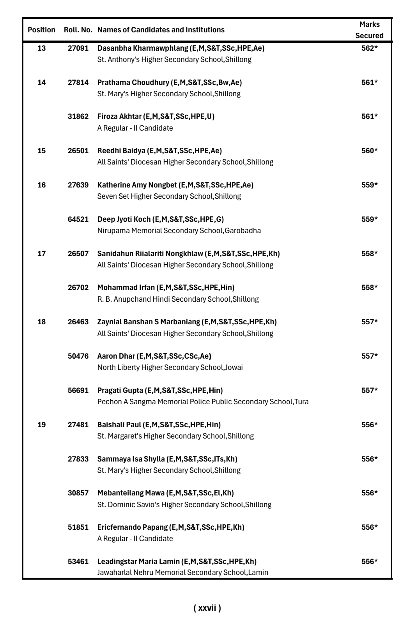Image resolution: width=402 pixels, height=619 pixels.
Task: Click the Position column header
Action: coord(41,30)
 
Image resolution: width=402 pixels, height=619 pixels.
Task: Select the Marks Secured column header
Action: coord(369,30)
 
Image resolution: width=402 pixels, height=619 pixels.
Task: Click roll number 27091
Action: coord(78,48)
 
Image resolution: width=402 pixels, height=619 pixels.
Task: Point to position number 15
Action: coord(41,151)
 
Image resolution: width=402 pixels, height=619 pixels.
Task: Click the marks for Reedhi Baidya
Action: coord(369,151)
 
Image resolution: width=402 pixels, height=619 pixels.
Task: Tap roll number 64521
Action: coord(78,219)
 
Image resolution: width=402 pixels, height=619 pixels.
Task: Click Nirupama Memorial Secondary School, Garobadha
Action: coord(179,231)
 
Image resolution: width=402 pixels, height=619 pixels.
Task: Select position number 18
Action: coord(41,322)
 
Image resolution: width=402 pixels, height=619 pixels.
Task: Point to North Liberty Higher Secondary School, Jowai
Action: coord(170,368)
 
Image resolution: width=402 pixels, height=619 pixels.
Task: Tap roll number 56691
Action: coord(78,391)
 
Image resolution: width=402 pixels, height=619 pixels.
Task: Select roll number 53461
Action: coord(78,562)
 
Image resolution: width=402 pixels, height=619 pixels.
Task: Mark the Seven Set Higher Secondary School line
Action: coord(169,196)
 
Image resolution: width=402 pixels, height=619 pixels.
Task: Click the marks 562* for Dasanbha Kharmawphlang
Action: coord(369,48)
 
